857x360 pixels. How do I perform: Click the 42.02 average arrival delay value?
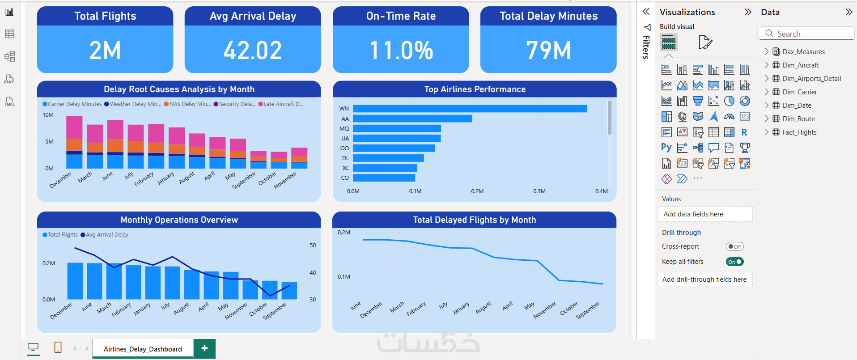click(x=253, y=50)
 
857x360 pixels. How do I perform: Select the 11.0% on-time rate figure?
click(x=401, y=50)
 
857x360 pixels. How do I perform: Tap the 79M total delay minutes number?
click(x=548, y=50)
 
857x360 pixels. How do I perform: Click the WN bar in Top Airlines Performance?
click(x=470, y=109)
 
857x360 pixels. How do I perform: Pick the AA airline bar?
click(x=412, y=119)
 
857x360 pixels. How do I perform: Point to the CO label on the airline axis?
click(x=345, y=178)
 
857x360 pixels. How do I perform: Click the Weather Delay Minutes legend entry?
click(x=133, y=104)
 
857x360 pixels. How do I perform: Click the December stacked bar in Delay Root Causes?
click(x=74, y=142)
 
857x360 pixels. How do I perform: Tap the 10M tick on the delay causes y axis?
click(x=48, y=115)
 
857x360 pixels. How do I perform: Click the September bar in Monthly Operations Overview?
click(x=289, y=291)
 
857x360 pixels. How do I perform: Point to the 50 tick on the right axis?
click(x=313, y=246)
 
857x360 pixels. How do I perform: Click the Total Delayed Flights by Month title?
click(x=474, y=220)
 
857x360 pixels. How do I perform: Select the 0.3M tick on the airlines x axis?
click(x=539, y=191)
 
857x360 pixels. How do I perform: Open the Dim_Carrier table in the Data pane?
click(x=800, y=92)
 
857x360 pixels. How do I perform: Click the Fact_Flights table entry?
click(x=799, y=132)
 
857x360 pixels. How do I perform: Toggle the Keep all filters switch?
click(x=734, y=262)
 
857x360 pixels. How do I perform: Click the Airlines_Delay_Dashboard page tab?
click(x=143, y=349)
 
